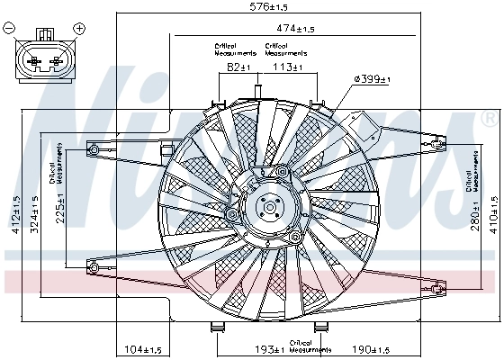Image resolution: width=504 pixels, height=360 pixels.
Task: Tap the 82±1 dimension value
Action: point(238,67)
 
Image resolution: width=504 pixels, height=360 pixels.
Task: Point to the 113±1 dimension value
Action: point(288,67)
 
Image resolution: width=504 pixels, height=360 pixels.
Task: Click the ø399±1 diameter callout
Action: point(373,80)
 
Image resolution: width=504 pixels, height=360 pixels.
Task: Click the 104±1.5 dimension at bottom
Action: point(143,348)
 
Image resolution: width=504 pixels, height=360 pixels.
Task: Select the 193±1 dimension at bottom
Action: point(267,348)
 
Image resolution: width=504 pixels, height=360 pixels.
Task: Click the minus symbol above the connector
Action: point(10,29)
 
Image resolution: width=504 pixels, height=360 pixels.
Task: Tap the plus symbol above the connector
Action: point(79,29)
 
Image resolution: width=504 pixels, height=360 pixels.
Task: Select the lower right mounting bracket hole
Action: point(437,288)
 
